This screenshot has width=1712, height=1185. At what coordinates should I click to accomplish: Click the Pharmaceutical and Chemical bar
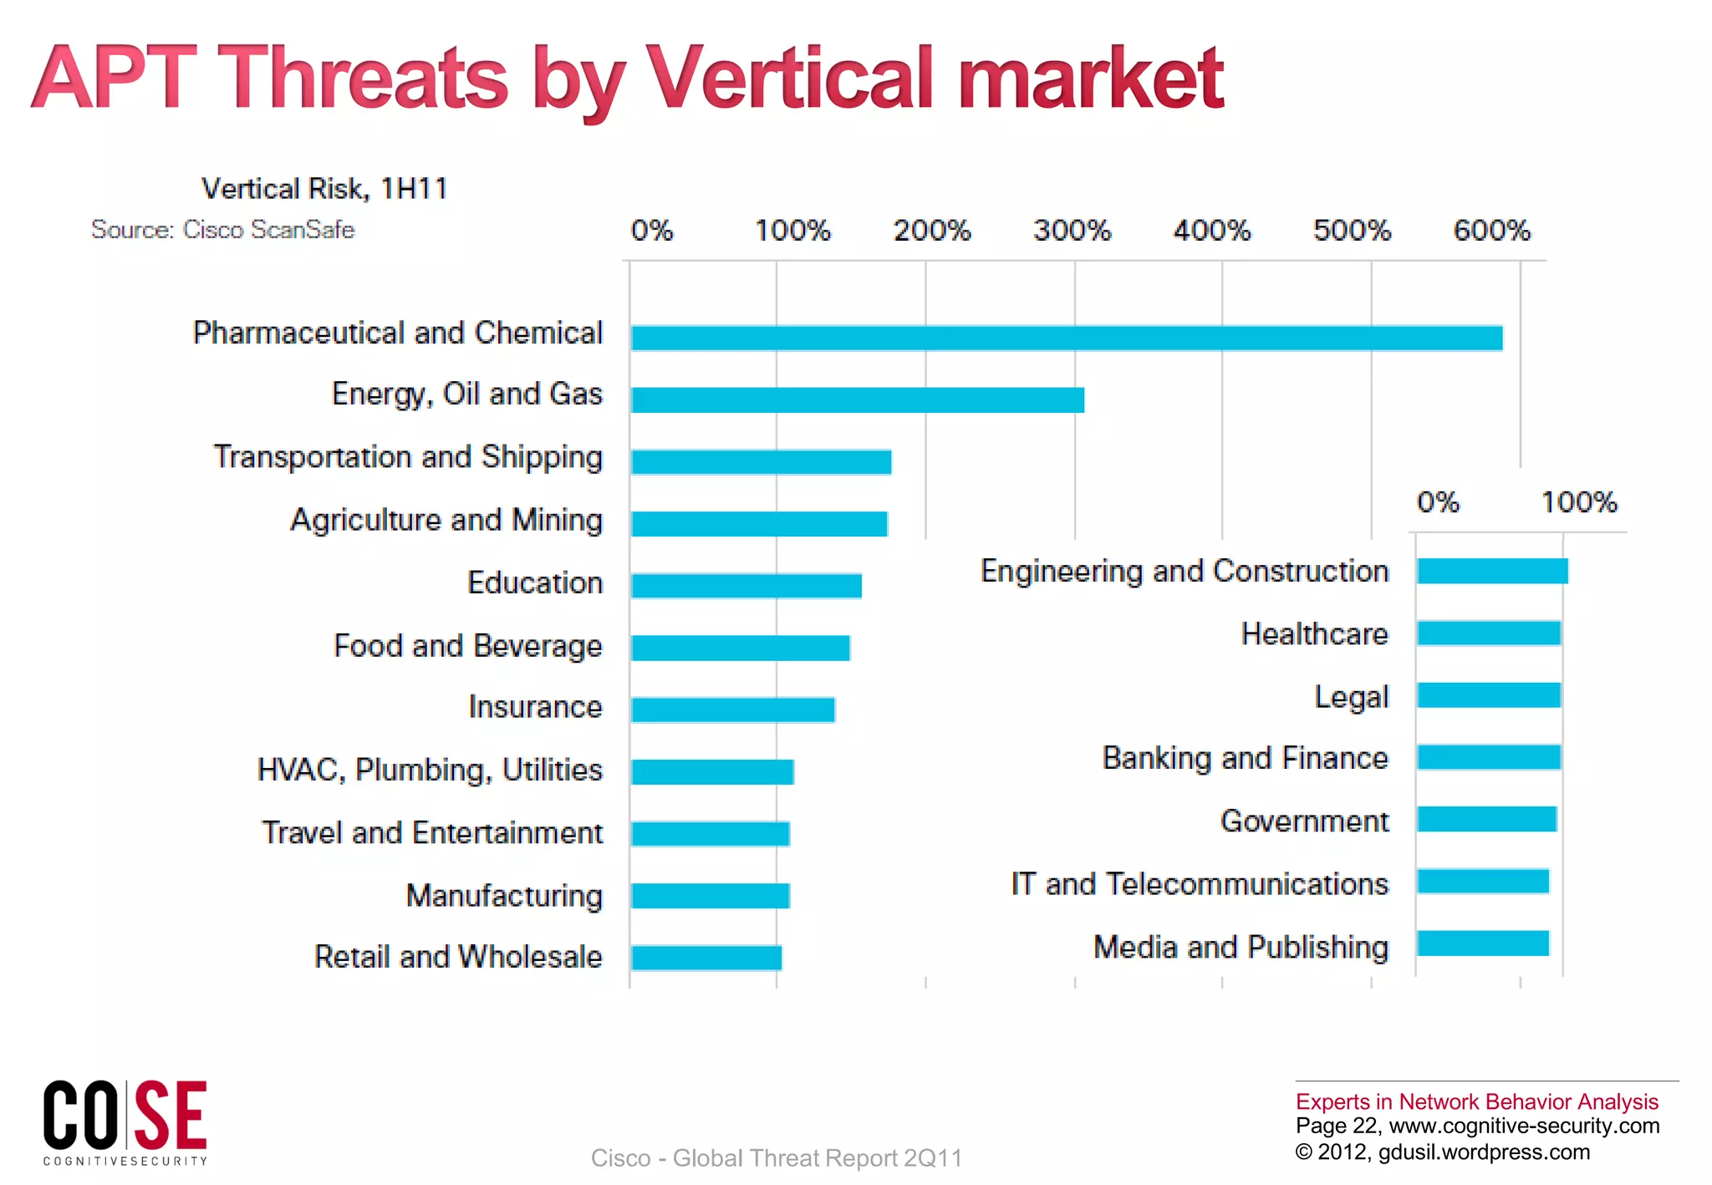1066,338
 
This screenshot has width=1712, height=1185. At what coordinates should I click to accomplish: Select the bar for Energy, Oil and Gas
857,399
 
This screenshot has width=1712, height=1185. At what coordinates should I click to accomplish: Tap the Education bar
746,585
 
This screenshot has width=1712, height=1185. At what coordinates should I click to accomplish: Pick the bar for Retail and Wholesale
706,958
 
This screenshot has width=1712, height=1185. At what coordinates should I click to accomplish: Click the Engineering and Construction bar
1492,571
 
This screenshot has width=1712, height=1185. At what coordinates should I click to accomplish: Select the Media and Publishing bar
1483,943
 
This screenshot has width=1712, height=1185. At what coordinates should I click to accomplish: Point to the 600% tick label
1491,230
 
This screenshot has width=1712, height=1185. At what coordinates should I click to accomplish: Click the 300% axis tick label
1072,230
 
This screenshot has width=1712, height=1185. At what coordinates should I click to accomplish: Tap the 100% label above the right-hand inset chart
1579,501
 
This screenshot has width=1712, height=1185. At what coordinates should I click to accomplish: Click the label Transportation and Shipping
408,457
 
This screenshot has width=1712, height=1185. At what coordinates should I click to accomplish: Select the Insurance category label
535,707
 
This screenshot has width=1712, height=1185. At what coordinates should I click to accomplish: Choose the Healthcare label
1314,634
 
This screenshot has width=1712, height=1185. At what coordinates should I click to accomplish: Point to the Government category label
1304,821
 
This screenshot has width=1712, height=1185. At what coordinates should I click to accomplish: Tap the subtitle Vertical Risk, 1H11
324,189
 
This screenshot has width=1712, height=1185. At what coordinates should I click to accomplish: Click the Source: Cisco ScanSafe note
222,230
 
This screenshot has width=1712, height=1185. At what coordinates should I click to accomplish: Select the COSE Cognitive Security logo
125,1122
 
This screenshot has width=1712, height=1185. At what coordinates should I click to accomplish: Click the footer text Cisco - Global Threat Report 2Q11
776,1157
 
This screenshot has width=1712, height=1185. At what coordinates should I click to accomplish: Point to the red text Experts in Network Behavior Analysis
1476,1101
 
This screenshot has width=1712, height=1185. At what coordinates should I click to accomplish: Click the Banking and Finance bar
1489,757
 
